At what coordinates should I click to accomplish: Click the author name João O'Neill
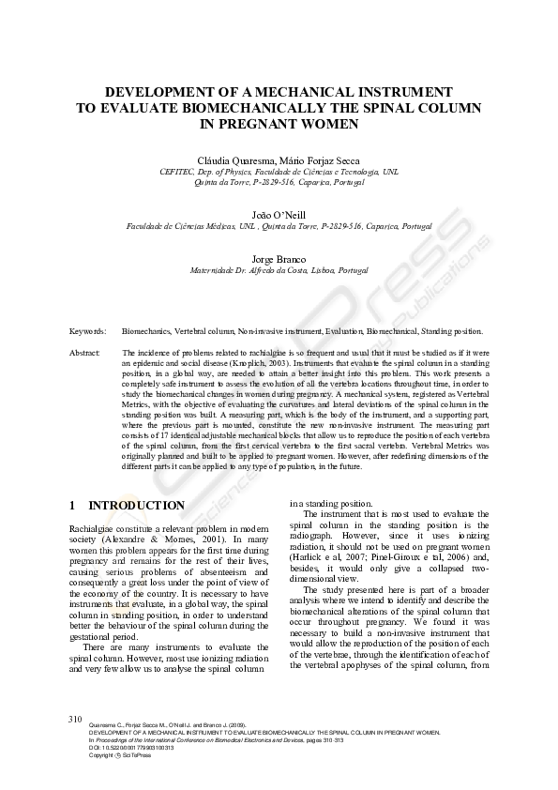tap(279, 215)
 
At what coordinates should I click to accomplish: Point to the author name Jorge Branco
tap(279, 259)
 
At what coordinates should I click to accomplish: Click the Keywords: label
tap(87, 331)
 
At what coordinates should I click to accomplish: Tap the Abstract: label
tap(85, 352)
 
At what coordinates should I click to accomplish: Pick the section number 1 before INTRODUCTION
tap(73, 506)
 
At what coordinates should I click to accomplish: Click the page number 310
tap(76, 718)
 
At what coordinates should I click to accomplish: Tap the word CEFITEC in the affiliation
tap(178, 174)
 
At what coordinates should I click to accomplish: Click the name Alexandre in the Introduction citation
tap(91, 541)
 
